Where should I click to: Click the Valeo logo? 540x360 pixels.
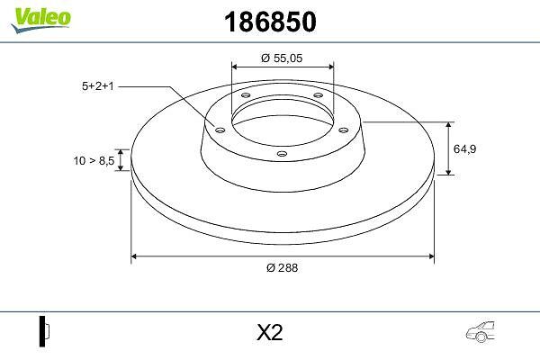point(40,19)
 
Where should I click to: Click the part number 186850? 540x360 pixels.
point(270,22)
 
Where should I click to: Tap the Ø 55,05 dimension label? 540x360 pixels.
point(282,58)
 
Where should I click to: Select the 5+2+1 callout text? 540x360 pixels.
point(97,86)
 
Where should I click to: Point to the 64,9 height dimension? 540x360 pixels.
point(464,148)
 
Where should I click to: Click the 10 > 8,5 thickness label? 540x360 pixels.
point(94,160)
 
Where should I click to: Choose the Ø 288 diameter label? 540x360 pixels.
point(282,267)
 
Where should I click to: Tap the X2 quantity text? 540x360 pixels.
point(270,332)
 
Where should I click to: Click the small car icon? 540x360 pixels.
point(481,332)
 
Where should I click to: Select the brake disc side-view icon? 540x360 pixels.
point(44,331)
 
